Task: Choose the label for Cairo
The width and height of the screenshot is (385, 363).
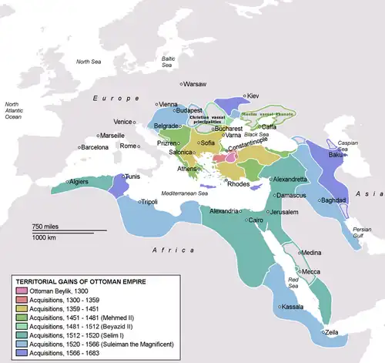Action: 256,220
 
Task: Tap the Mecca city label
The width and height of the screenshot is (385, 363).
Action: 311,271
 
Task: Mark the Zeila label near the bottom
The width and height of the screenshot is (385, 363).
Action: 336,331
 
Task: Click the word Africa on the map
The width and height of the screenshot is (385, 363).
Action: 164,251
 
